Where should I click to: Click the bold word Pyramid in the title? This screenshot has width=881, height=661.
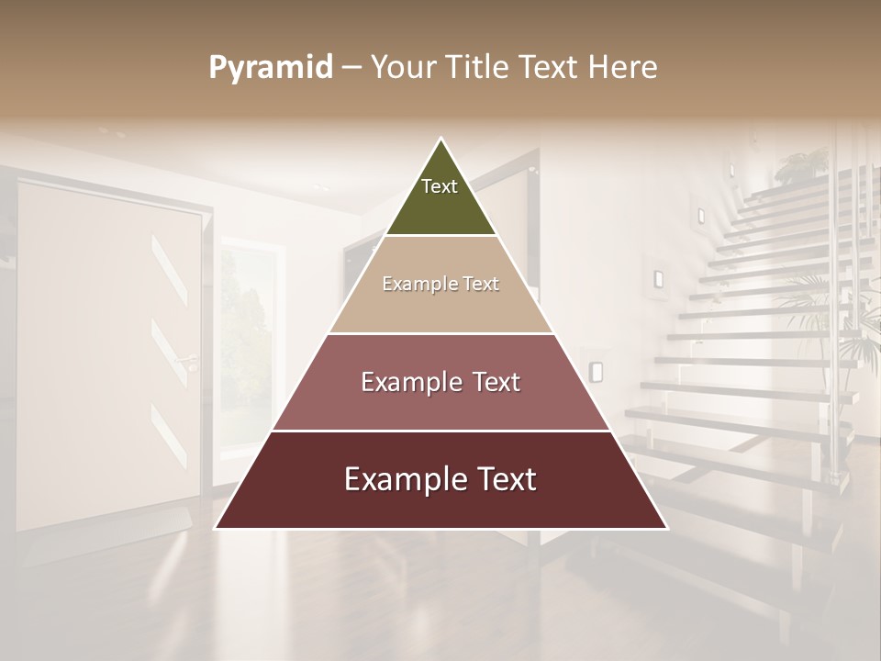(271, 68)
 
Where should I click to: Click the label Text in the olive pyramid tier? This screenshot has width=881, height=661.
(440, 186)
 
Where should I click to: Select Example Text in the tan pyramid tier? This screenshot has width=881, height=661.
(440, 284)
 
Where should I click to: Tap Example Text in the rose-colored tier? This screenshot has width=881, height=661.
(440, 382)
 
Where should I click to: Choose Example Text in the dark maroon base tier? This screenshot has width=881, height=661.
(440, 479)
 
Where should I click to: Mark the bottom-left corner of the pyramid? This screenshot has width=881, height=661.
(217, 528)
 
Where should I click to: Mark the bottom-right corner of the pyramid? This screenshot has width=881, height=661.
(666, 528)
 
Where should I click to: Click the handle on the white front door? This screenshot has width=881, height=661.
(188, 359)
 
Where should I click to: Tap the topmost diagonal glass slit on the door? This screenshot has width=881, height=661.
(169, 270)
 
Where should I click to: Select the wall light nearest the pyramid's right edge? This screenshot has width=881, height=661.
(596, 371)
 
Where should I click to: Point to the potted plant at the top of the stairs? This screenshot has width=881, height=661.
(800, 165)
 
